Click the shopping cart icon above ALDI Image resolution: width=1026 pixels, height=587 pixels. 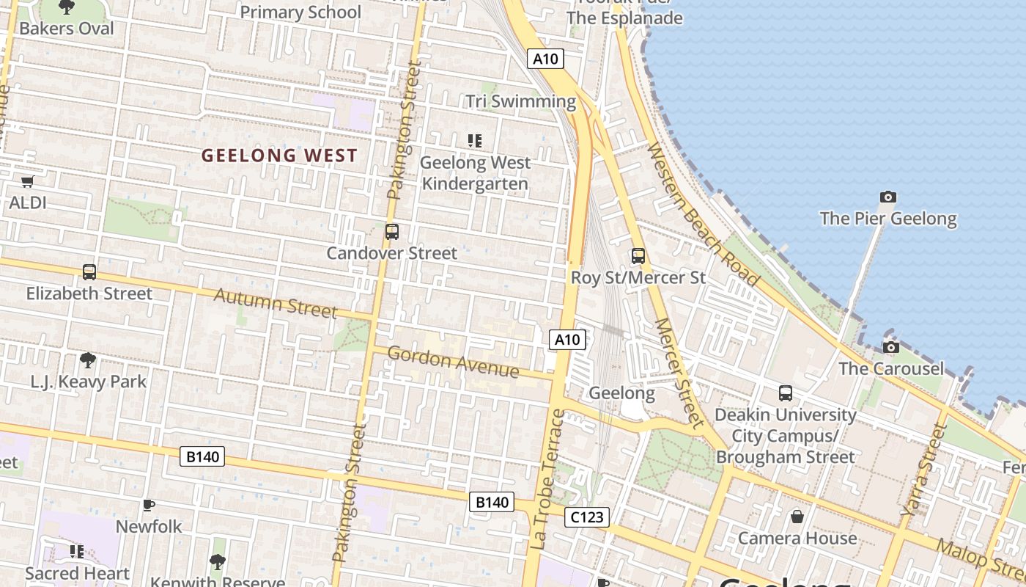pos(28,181)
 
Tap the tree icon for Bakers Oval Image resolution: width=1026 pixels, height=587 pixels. pos(67,7)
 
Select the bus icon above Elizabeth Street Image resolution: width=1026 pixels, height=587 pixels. pos(89,272)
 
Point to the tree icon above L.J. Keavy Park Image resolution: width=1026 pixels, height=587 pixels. pos(88,360)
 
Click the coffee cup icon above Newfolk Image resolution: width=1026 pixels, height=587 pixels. pos(149,505)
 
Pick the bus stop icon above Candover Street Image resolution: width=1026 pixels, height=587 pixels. pos(392,232)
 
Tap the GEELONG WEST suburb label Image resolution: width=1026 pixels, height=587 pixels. pos(279,156)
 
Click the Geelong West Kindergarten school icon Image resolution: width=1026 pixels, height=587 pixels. pos(475,140)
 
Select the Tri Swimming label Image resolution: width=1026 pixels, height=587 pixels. pos(521,101)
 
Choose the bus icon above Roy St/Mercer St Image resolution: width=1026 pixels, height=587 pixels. pos(638,256)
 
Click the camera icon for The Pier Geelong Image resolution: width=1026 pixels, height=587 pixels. pos(888,197)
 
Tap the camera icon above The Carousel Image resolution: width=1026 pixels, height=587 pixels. pos(891,347)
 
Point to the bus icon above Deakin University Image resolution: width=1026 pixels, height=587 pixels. pos(786,393)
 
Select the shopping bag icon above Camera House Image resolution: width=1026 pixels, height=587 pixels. pos(797,517)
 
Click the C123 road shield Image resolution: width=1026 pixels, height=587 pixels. pos(587,517)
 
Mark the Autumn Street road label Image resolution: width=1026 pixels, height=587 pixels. pos(276,303)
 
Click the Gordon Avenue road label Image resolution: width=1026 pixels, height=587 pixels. pos(453,362)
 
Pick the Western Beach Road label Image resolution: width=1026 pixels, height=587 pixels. pos(702,214)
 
